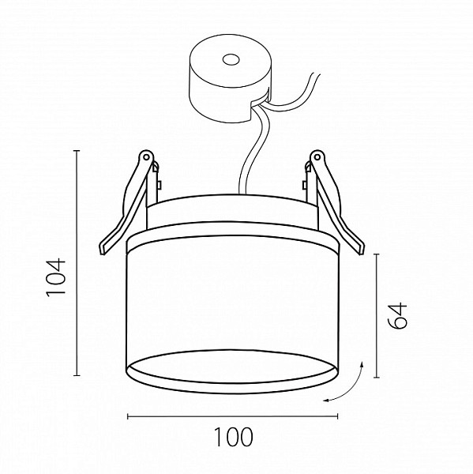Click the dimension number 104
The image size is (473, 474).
(56, 277)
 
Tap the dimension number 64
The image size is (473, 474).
(398, 315)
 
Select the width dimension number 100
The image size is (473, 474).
(233, 437)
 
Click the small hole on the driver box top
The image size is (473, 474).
(231, 59)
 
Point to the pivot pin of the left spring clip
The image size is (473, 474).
(146, 157)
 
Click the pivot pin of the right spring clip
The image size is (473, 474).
(317, 157)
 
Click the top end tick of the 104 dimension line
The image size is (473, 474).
(77, 151)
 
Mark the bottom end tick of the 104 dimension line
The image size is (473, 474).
(77, 375)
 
